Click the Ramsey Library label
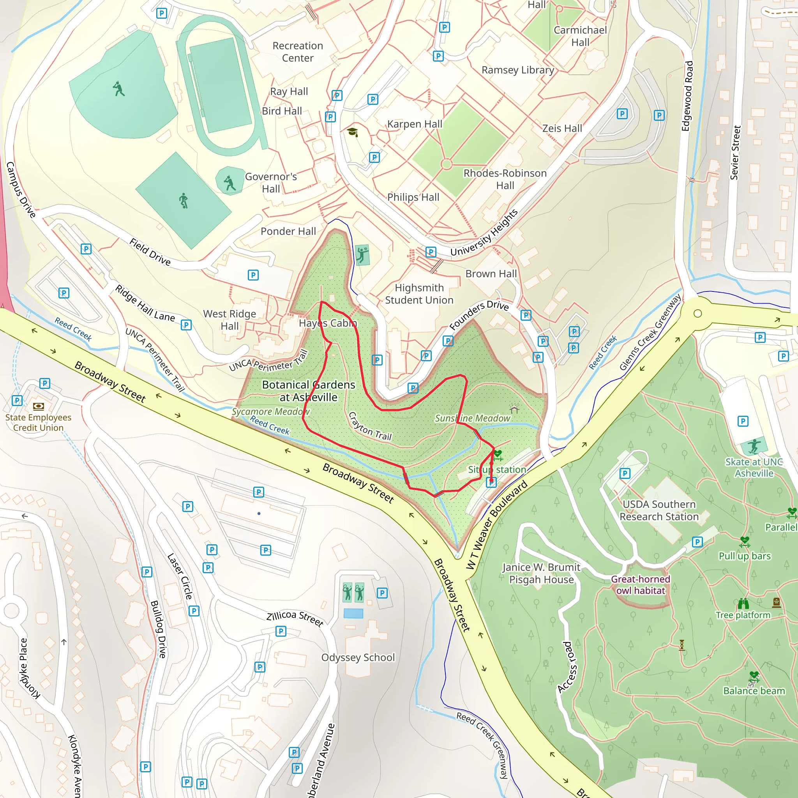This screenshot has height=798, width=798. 517,70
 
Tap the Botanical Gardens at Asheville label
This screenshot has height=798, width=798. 309,391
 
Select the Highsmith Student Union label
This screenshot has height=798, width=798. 419,294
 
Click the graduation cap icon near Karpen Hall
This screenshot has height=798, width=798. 352,132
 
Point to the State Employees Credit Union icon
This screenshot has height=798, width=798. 39,406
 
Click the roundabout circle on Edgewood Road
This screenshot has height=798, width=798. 697,314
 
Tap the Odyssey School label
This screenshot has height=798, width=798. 358,657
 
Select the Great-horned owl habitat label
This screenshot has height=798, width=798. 640,584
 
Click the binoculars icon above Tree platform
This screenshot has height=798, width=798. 743,604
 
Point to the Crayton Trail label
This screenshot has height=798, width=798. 370,426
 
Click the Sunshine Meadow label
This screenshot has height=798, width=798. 473,418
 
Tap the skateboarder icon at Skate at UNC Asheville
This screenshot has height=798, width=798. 754,446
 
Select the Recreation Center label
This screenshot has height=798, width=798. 297,52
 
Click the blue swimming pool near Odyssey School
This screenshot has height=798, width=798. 353,613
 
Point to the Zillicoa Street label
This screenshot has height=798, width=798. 295,618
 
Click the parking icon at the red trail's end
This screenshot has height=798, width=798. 491,482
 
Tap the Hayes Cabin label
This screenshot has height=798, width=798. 328,323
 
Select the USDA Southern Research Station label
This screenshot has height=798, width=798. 659,510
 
